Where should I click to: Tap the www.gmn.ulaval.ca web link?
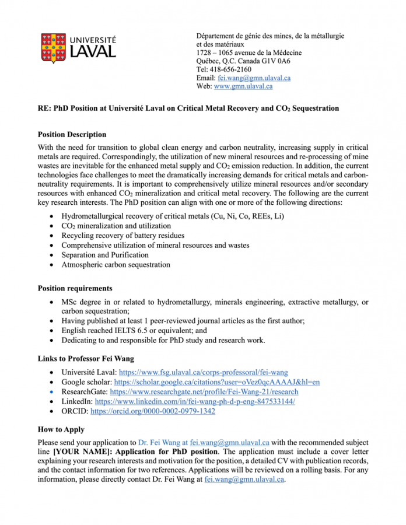[243, 86]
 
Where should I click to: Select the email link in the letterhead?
[254, 78]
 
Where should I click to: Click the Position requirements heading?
[75, 288]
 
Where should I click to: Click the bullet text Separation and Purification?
[105, 255]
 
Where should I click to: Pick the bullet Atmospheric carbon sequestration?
[116, 265]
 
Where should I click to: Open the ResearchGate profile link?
[204, 392]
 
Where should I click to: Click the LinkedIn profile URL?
[194, 402]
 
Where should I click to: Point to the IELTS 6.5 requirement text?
[124, 331]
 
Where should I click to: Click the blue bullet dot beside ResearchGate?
[53, 392]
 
